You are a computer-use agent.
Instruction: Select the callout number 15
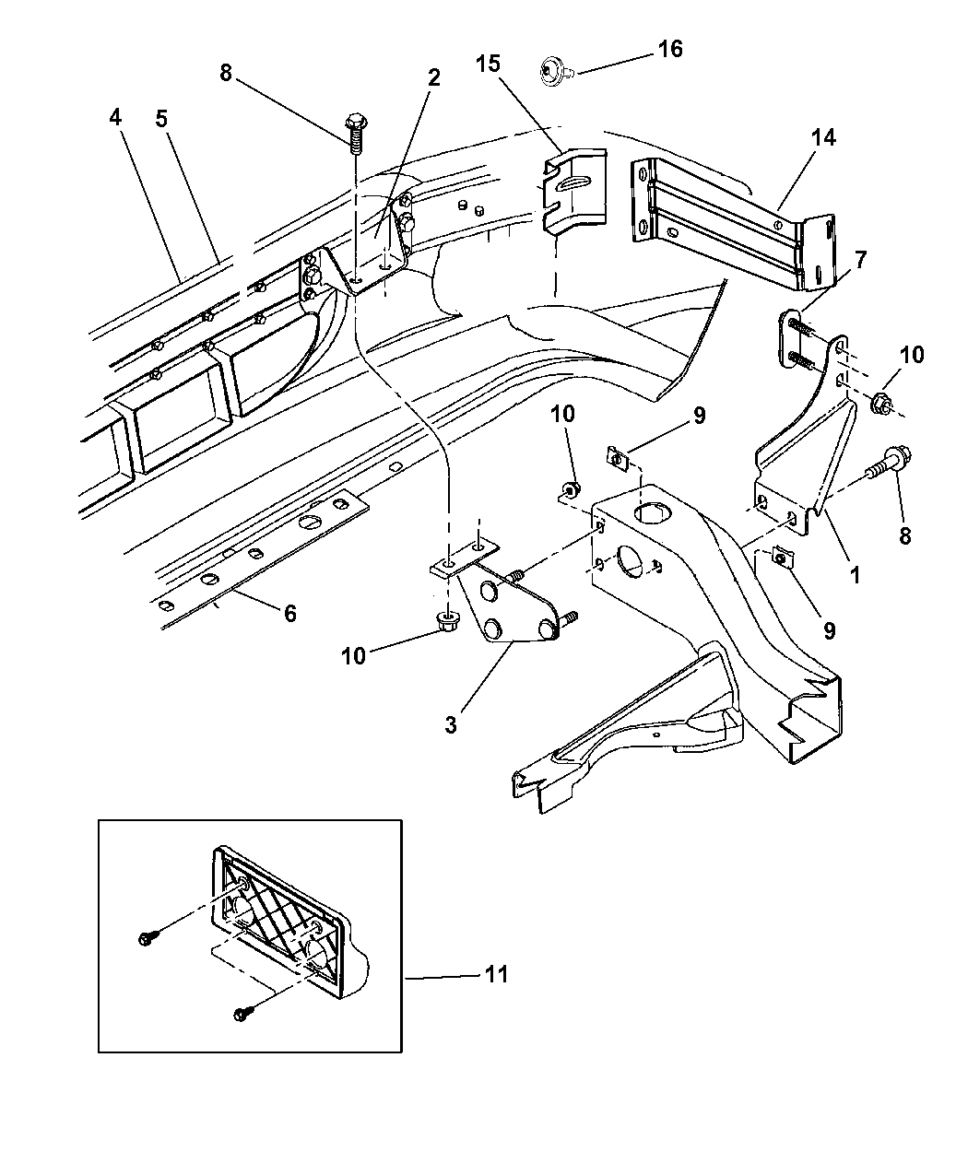click(x=489, y=65)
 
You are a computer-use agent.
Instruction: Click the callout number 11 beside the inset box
click(x=496, y=974)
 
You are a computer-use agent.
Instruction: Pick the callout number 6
click(x=289, y=613)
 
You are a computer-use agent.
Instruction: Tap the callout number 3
click(x=450, y=724)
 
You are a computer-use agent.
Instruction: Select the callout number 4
click(x=114, y=117)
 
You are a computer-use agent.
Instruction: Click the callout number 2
click(x=432, y=77)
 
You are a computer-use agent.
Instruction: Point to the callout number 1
click(x=855, y=575)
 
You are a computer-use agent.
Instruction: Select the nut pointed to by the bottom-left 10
click(x=447, y=624)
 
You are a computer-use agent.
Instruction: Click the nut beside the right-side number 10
click(x=879, y=402)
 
